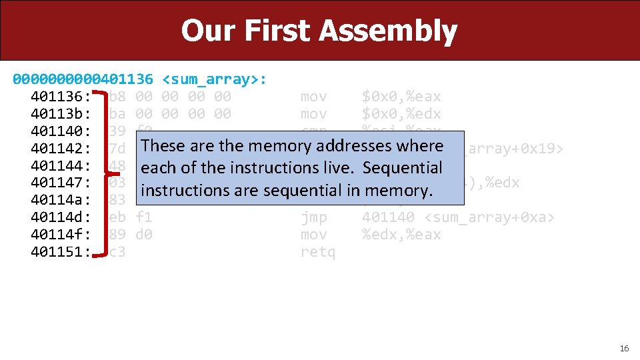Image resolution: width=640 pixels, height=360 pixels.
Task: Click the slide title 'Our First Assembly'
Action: point(319,31)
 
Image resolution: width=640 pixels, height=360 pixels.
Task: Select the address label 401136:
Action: point(61,97)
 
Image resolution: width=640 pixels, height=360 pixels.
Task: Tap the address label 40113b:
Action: point(61,114)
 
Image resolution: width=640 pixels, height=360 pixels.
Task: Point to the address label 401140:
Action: point(61,131)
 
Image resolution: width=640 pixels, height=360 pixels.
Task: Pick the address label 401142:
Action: point(61,149)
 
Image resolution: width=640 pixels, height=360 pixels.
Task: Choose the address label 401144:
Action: point(61,165)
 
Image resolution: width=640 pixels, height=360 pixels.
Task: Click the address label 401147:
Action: point(61,183)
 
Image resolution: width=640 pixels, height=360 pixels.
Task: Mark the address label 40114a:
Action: point(61,200)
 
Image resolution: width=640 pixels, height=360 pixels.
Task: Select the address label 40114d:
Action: point(61,217)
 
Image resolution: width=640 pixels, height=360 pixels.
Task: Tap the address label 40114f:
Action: point(61,235)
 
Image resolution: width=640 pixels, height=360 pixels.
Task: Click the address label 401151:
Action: point(61,252)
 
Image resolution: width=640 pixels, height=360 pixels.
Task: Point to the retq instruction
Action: point(318,252)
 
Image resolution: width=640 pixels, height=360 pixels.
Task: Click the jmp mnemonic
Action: point(314,217)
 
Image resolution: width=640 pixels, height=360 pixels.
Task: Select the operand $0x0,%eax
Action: point(401,97)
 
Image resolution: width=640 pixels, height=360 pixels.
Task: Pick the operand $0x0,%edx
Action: point(401,114)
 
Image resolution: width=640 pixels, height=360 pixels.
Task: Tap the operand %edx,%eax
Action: point(401,235)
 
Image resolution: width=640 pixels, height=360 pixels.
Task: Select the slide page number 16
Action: point(624,349)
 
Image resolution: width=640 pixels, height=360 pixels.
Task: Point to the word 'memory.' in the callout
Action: point(403,191)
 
